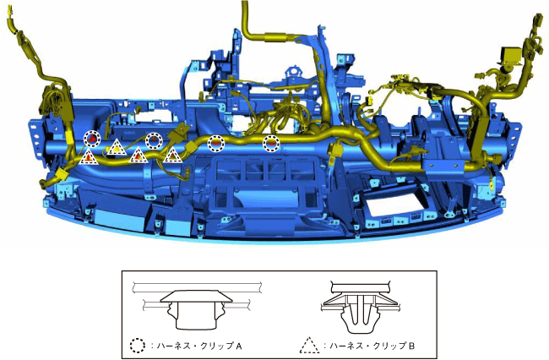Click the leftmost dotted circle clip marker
pyautogui.click(x=92, y=139)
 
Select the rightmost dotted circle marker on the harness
pyautogui.click(x=271, y=143)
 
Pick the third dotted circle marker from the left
pyautogui.click(x=216, y=144)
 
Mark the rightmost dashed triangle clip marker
pyautogui.click(x=172, y=155)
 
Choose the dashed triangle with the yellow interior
pyautogui.click(x=117, y=147)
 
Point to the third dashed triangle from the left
pyautogui.click(x=139, y=155)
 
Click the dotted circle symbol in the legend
pyautogui.click(x=138, y=346)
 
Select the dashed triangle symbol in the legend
pyautogui.click(x=309, y=346)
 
